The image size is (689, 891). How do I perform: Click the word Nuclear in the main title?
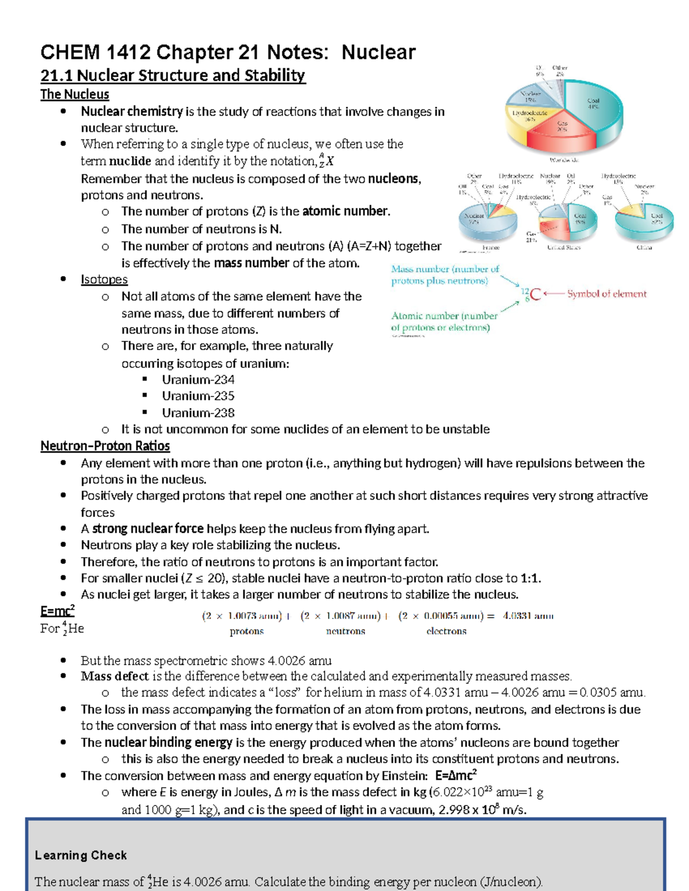378,52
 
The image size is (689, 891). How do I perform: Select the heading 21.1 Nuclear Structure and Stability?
172,75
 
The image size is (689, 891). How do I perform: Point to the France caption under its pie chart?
490,248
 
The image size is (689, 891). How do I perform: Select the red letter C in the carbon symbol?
535,294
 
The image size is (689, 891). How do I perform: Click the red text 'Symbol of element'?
606,294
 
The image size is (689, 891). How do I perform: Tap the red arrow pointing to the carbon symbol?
553,294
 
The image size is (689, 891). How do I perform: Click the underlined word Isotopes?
104,279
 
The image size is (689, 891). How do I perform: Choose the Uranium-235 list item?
198,396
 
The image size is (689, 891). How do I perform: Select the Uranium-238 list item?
198,413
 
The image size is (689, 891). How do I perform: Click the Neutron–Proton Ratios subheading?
105,446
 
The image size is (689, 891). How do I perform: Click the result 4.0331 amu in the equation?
528,616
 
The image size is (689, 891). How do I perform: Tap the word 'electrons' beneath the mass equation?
446,631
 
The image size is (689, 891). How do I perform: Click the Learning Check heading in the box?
81,855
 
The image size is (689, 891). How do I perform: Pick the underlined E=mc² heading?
57,610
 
